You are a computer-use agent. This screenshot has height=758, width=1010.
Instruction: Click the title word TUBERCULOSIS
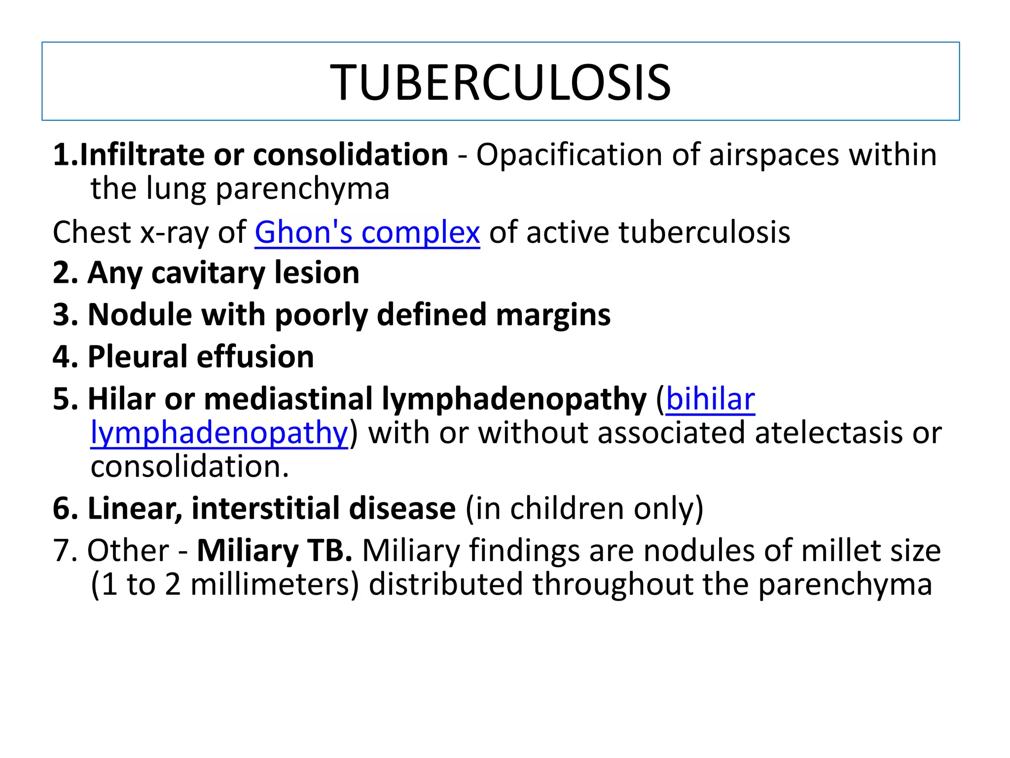coord(501,83)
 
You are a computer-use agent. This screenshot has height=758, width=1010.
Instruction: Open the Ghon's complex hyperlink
coord(367,232)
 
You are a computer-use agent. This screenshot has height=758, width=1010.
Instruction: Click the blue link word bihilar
coord(710,399)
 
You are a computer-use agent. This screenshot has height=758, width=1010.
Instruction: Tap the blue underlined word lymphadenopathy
coord(219,433)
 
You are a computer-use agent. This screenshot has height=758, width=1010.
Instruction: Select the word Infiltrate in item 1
coord(142,154)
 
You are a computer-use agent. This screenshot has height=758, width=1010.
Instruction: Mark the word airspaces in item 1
coord(774,154)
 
